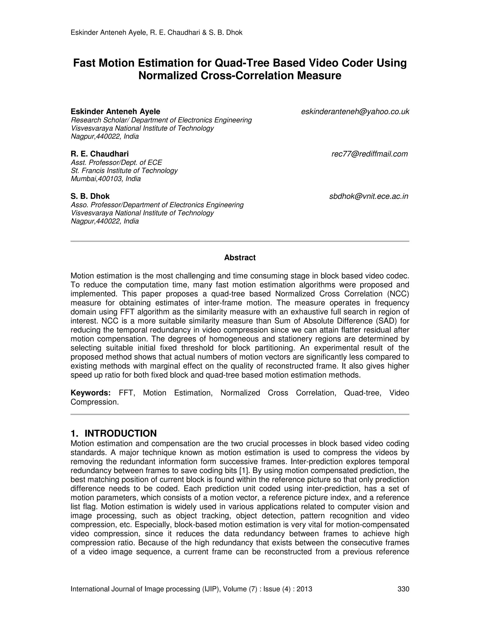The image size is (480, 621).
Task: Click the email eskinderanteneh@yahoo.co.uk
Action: [x=355, y=112]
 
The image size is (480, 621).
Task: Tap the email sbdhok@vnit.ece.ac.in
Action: [x=368, y=196]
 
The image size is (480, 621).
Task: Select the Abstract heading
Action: [x=240, y=258]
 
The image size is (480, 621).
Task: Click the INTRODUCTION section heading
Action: [x=120, y=433]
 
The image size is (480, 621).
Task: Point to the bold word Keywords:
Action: [x=90, y=393]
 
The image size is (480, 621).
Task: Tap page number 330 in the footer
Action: [x=403, y=589]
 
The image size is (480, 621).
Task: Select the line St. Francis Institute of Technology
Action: [x=124, y=171]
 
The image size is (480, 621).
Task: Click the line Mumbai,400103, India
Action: [x=105, y=179]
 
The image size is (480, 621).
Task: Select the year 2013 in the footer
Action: [x=304, y=589]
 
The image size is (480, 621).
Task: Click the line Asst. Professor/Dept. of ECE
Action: [x=116, y=162]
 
